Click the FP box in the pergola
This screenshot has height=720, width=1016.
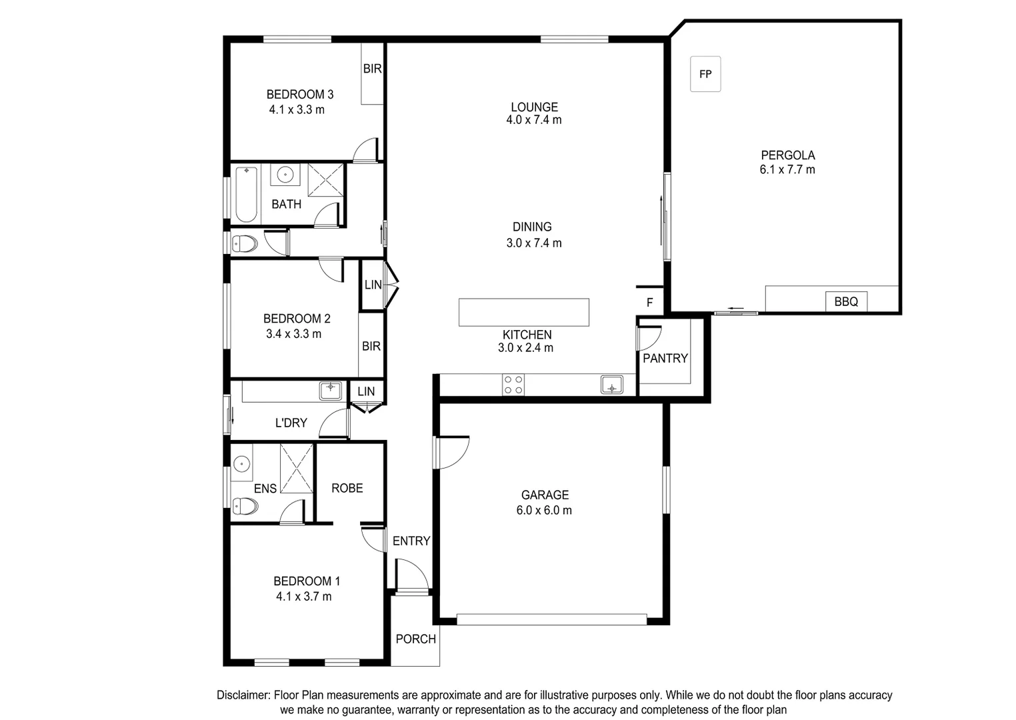[x=705, y=74]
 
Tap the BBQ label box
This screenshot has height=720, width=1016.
[x=846, y=301]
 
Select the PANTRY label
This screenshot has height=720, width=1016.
[x=665, y=358]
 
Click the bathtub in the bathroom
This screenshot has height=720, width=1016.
[x=246, y=194]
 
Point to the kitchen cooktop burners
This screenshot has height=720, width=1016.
[x=513, y=385]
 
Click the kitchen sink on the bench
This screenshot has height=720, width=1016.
[x=611, y=385]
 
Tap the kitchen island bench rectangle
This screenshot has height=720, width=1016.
[x=523, y=312]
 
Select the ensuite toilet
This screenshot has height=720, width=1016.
[x=245, y=507]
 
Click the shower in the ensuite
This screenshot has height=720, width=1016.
[x=296, y=468]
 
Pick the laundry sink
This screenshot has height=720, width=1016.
[x=330, y=390]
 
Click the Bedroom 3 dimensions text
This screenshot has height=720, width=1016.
[x=297, y=110]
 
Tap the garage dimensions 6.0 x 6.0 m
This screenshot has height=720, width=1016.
[x=544, y=510]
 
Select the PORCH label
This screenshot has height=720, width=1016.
[x=415, y=639]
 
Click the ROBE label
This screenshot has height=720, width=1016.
[x=347, y=488]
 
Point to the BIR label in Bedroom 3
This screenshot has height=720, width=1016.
[x=372, y=69]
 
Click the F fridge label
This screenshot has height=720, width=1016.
[x=649, y=303]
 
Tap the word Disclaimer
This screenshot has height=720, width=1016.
[x=243, y=695]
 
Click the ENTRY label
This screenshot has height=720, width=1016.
[x=411, y=541]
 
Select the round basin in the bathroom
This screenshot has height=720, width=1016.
[x=285, y=175]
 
